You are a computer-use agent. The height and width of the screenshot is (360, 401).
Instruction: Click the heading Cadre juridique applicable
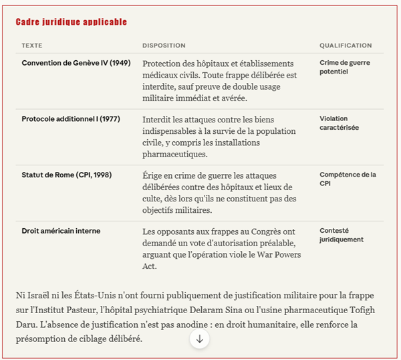(71, 22)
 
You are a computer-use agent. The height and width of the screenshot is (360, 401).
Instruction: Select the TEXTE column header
(32, 46)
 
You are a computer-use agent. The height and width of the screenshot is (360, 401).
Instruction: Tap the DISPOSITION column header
(164, 46)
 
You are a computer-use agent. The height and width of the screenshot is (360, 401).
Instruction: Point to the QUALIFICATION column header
(346, 46)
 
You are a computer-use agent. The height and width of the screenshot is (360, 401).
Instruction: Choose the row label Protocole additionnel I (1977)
(70, 119)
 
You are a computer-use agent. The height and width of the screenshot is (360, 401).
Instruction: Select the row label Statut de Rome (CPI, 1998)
(66, 175)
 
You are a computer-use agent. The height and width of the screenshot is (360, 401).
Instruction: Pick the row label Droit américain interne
(61, 231)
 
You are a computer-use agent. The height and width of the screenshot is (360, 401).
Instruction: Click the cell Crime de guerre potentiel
(344, 67)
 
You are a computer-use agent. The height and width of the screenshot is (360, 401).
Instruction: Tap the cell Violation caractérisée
(339, 123)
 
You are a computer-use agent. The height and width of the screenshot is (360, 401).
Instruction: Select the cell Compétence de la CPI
(348, 179)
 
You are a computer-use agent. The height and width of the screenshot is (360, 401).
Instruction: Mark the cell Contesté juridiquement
(341, 235)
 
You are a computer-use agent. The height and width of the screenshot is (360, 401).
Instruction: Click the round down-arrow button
(199, 339)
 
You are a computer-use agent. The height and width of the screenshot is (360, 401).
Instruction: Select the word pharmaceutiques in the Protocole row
(176, 155)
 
